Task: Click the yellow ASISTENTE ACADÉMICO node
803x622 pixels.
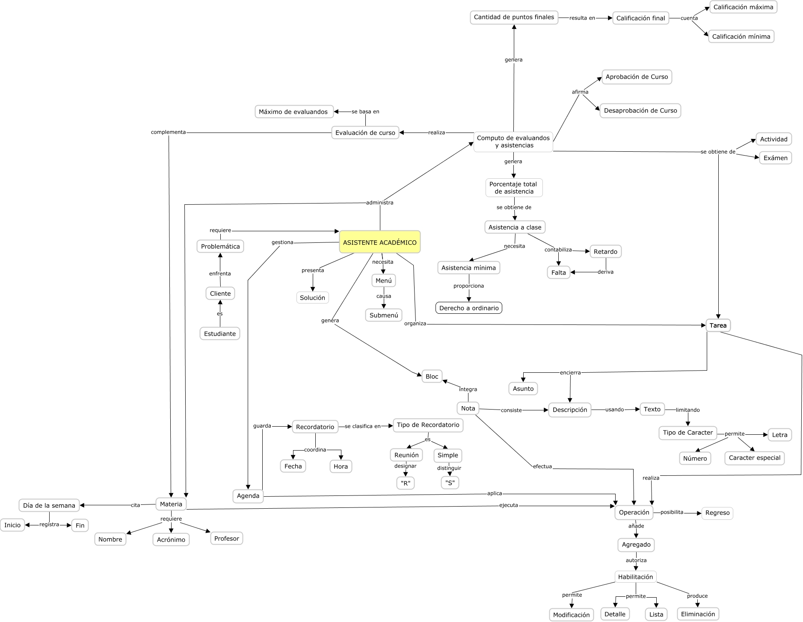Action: [379, 242]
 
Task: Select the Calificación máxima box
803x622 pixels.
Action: [743, 7]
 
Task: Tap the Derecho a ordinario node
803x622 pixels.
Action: [468, 308]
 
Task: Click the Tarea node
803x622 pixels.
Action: [718, 325]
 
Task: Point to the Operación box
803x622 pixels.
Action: [634, 512]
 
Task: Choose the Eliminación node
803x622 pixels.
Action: [697, 614]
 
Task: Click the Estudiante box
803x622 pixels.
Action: [219, 333]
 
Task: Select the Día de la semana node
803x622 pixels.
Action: [49, 505]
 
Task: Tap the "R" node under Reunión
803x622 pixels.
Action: [405, 483]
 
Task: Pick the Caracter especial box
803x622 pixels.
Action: [754, 458]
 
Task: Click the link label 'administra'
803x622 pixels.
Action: [379, 203]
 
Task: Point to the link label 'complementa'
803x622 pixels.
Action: [168, 132]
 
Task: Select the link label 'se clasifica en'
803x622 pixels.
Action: [362, 426]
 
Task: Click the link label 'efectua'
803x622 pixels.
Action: [542, 466]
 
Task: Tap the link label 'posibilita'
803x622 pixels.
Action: [672, 512]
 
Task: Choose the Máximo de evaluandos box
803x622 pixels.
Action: [293, 112]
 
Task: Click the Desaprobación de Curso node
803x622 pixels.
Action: [640, 111]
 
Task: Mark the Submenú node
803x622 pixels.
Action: [383, 315]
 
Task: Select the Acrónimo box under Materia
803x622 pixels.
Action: [171, 539]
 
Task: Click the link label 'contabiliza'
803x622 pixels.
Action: [558, 250]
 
